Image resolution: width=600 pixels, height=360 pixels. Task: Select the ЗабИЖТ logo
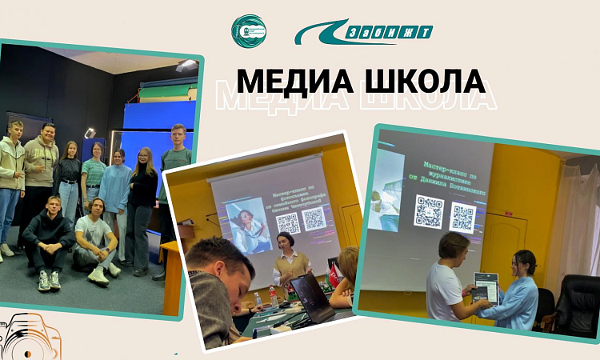(364, 32)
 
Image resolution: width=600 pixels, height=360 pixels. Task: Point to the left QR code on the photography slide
(288, 222)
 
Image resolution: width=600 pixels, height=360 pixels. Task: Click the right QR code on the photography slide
(314, 219)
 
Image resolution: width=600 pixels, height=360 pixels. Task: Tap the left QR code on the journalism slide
(430, 212)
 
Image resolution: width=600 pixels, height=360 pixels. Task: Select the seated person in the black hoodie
(47, 240)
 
